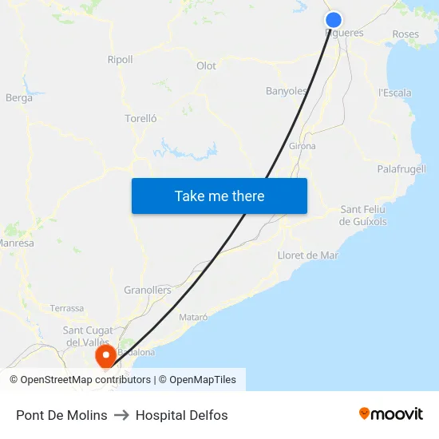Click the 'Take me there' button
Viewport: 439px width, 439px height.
coord(219,196)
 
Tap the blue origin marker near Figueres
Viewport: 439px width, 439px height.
coord(334,21)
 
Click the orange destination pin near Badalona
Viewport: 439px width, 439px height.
coord(105,355)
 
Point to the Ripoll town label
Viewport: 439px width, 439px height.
coord(120,60)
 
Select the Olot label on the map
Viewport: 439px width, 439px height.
coord(206,66)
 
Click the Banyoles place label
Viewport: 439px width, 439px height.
coord(286,91)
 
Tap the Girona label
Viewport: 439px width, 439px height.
coord(302,146)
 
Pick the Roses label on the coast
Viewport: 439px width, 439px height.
coord(405,34)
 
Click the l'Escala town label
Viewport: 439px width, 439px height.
coord(395,93)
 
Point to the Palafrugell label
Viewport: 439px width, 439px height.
coord(401,169)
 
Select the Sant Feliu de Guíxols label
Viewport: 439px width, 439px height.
coord(363,216)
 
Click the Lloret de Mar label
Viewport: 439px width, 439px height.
coord(307,255)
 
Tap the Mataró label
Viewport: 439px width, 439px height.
coord(193,317)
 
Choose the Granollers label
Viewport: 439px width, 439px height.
coord(148,291)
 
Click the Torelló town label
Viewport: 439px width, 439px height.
coord(140,118)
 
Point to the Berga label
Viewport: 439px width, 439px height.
coord(19,98)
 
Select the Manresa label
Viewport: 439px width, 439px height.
coord(16,243)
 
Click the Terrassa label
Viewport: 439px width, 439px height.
coord(66,308)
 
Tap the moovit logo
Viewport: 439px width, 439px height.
coord(391,414)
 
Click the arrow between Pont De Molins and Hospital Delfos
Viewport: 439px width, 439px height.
coord(121,415)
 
